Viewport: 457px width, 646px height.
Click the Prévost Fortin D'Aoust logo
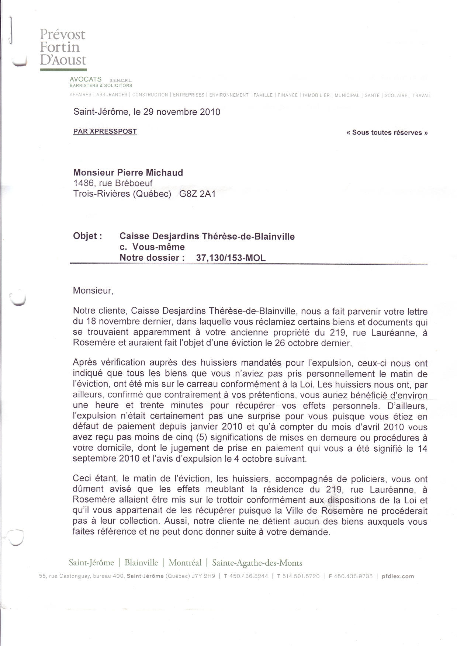[x=63, y=47]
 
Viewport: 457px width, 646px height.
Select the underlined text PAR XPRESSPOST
[x=105, y=132]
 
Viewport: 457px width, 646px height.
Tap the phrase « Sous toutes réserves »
[x=387, y=133]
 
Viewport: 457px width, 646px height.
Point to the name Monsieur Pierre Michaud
[x=128, y=173]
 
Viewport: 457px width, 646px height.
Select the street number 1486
[x=82, y=183]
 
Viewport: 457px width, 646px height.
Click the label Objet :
[x=88, y=236]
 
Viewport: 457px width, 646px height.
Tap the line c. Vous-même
[x=152, y=247]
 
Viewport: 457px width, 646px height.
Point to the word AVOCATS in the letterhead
[x=86, y=79]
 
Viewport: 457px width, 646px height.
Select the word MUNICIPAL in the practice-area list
[x=347, y=95]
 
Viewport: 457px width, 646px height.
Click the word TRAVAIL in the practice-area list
[x=421, y=95]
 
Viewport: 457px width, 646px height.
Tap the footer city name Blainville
[x=141, y=563]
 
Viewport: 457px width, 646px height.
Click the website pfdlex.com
[x=398, y=576]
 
